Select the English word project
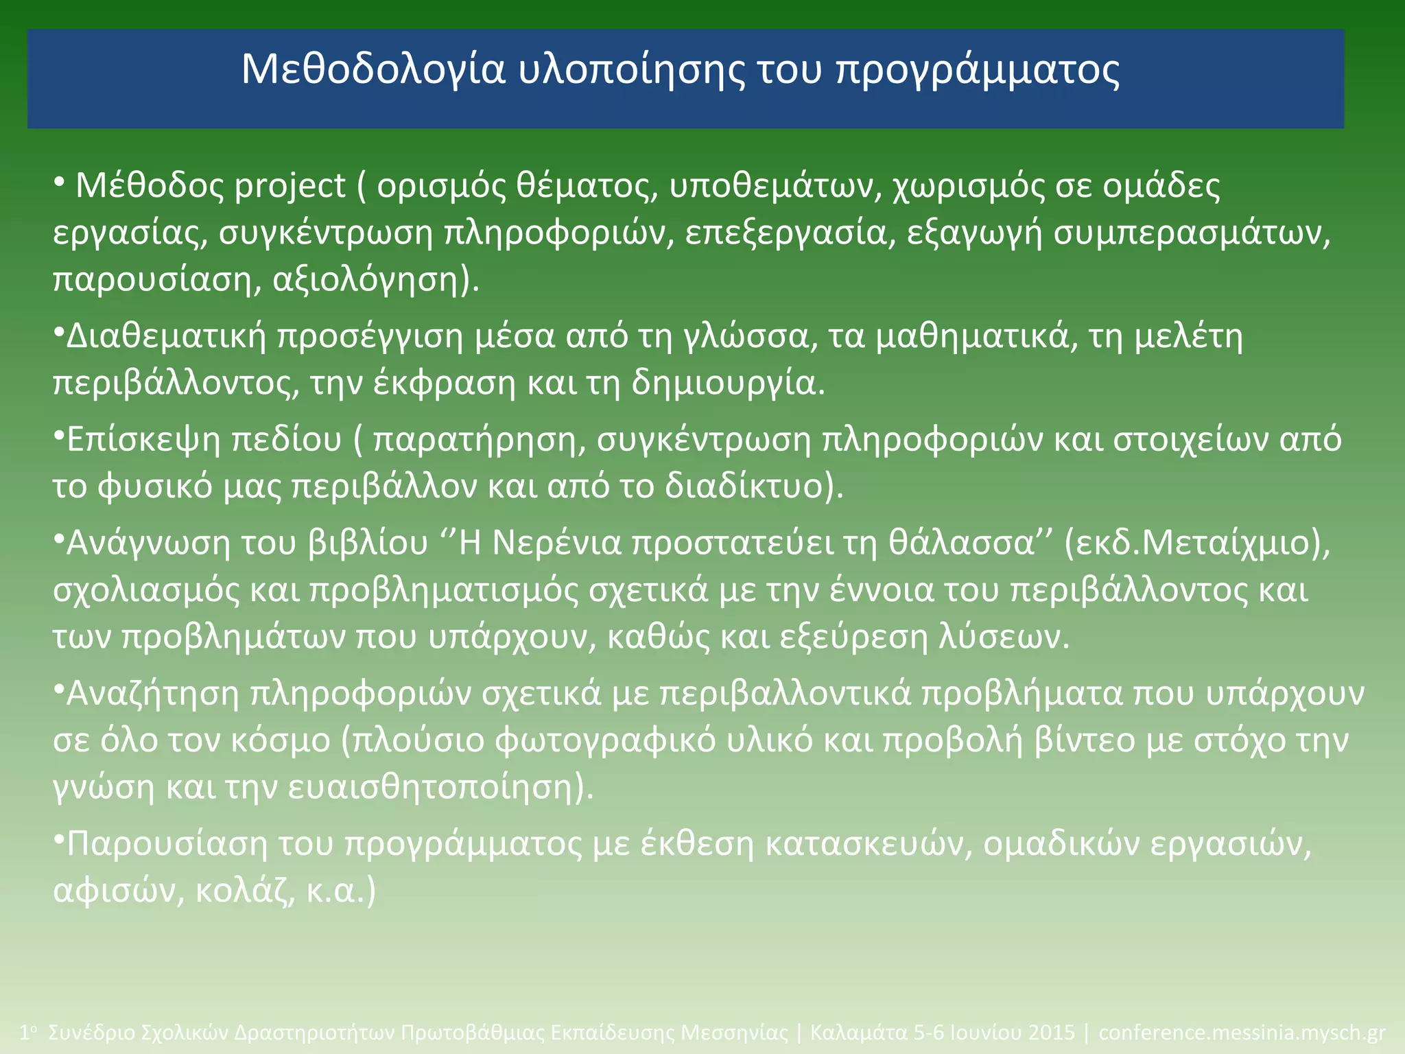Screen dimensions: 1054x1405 tap(290, 187)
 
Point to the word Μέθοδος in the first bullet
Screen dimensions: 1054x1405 tap(150, 187)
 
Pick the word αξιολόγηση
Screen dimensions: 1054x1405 tap(364, 280)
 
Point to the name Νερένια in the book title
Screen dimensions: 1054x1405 tap(557, 543)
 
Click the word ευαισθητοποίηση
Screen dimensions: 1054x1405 tap(430, 787)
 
